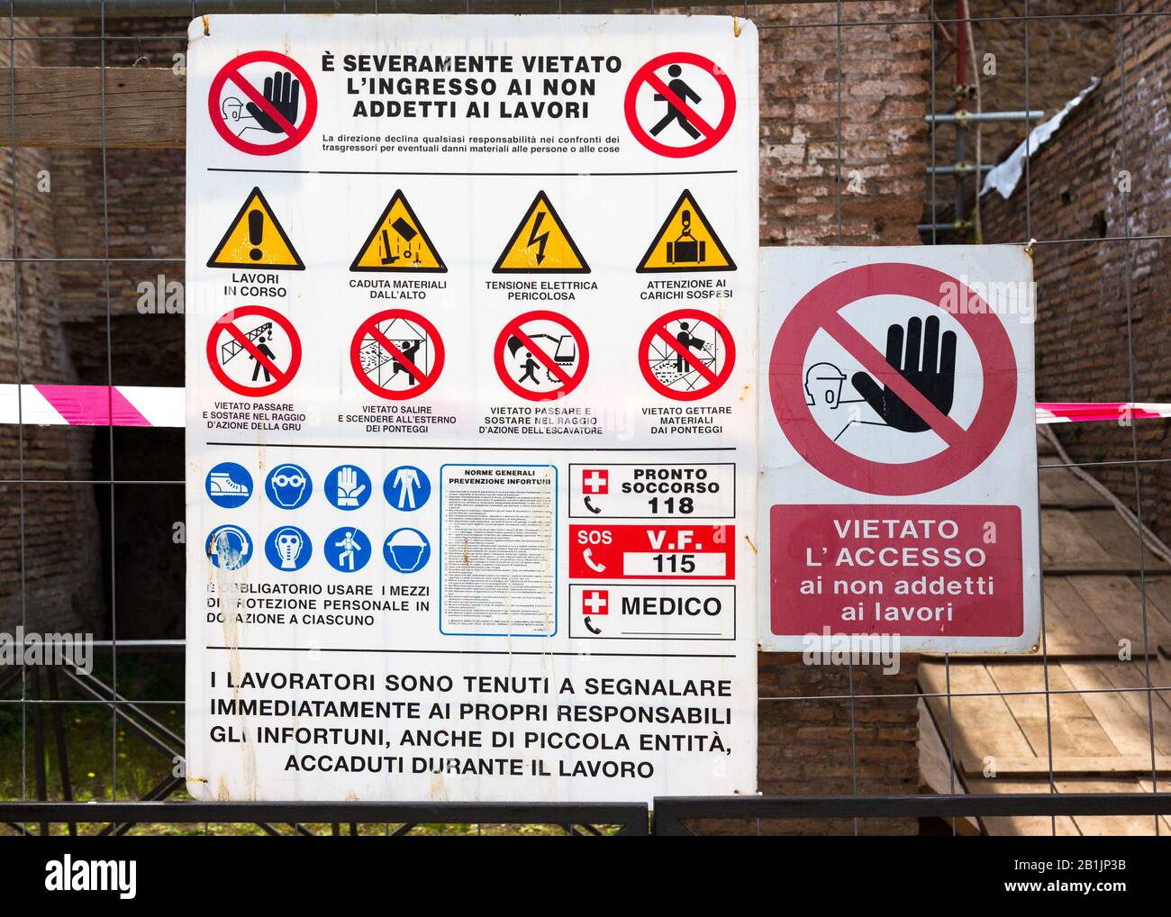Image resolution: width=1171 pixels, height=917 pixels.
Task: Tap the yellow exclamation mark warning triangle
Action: pos(256,232)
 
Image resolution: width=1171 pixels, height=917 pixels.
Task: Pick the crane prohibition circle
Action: pos(254,352)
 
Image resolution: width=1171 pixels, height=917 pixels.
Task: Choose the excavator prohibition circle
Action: pos(540,355)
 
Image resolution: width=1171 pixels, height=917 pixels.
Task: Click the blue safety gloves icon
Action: pos(348,488)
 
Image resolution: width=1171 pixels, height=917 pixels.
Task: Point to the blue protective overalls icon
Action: pos(406,488)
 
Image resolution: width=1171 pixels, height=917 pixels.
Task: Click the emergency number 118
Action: pos(670,505)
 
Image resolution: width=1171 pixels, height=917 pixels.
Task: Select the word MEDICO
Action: pos(671,606)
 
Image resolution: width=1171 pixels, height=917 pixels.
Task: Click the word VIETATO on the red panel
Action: pos(895,530)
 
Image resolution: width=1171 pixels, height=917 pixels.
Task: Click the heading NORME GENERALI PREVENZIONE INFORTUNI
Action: pos(499,477)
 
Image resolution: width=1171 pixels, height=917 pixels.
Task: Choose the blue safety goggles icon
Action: pos(288,488)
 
